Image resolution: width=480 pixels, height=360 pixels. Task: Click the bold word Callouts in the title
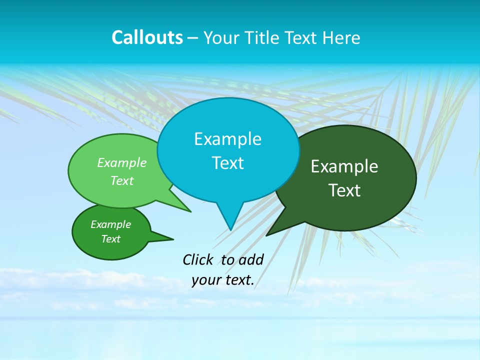[x=147, y=37]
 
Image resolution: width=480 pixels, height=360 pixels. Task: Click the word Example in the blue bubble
[x=227, y=139]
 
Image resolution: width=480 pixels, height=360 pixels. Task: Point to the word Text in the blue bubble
[x=227, y=163]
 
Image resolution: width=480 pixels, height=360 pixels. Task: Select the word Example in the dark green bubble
[x=344, y=166]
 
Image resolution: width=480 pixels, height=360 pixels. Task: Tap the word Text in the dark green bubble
[x=344, y=190]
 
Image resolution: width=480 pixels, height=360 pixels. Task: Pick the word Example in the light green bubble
[x=122, y=163]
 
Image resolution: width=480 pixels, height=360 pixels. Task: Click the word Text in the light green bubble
[x=122, y=180]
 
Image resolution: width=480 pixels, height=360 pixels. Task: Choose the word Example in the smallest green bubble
[x=110, y=224]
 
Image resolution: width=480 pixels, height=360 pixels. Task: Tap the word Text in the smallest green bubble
[x=110, y=239]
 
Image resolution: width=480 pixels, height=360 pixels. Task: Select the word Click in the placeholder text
[x=199, y=259]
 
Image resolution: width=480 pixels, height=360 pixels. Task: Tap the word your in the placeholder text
[x=205, y=280]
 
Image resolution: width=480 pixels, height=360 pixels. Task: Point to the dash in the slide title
[x=193, y=38]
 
